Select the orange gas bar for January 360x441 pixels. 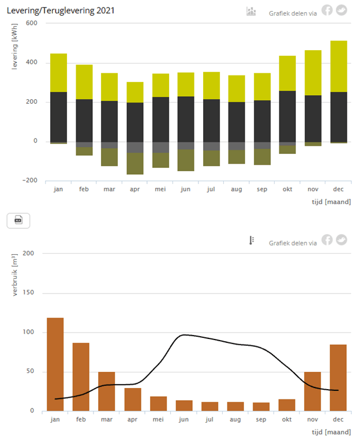[55, 364]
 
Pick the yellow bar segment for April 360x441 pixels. [135, 92]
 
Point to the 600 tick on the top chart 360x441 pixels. [31, 23]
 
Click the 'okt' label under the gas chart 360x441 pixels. [287, 420]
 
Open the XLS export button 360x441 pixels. [18, 220]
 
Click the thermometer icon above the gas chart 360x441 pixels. [252, 240]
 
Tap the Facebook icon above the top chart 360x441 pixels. [327, 10]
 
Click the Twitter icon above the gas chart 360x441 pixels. [342, 239]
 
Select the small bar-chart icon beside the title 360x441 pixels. [251, 12]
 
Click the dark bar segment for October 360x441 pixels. [287, 116]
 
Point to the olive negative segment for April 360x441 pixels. [135, 164]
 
